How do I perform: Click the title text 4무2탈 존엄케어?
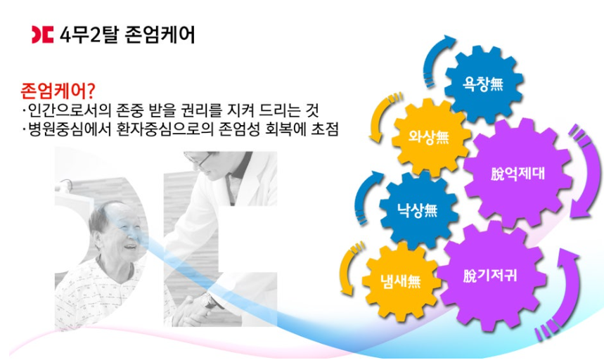124,33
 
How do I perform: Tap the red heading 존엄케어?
58,91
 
